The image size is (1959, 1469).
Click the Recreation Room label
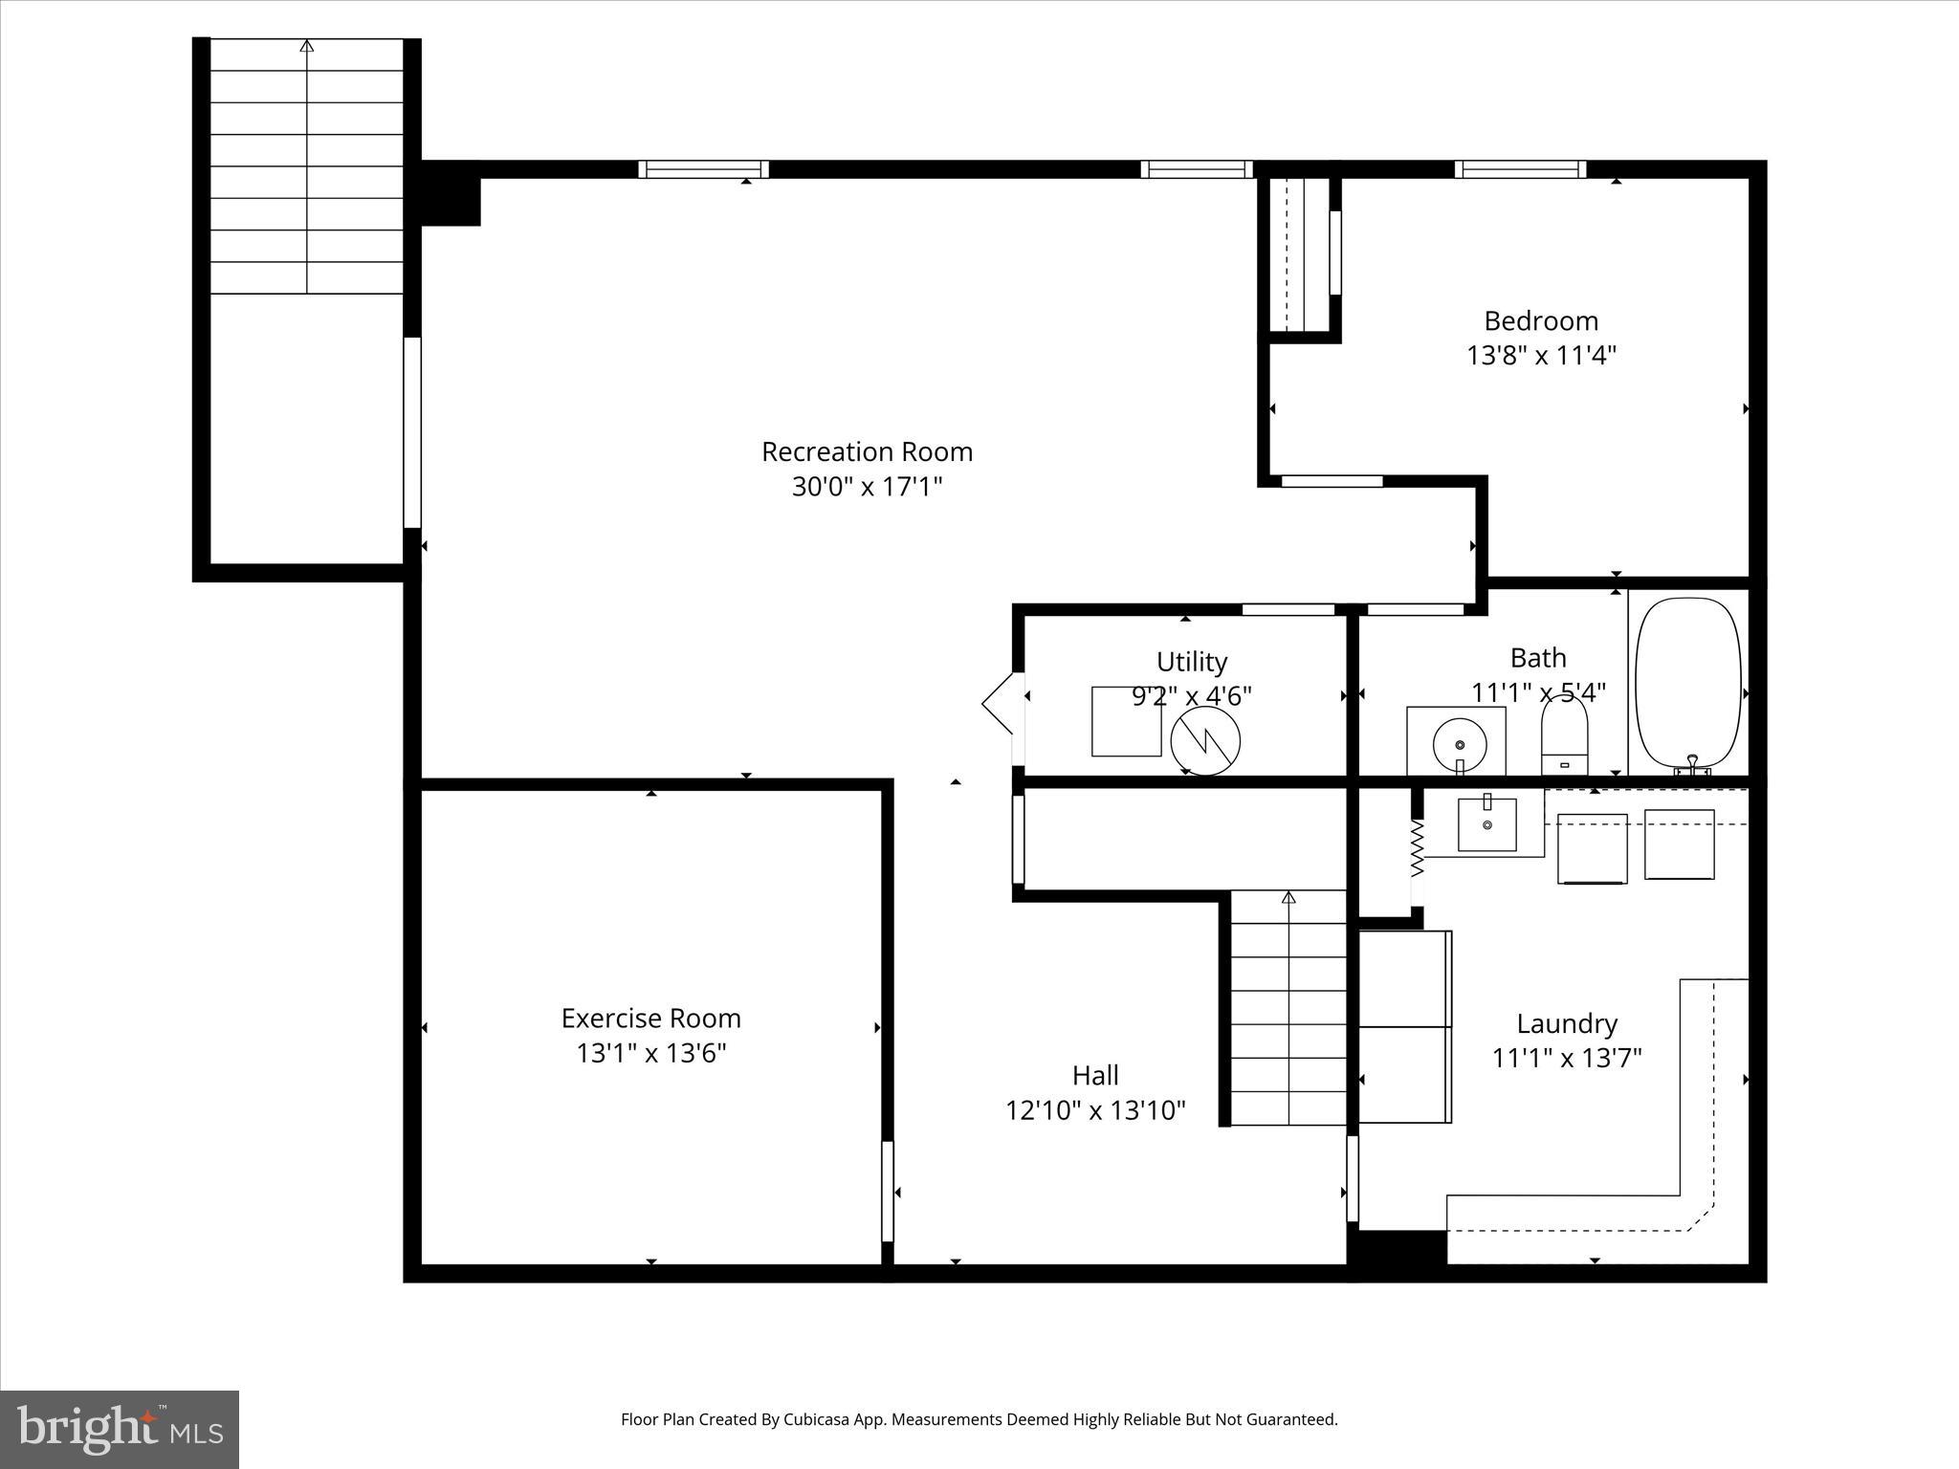[x=867, y=451]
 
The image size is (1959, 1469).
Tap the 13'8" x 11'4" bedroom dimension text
[x=1541, y=356]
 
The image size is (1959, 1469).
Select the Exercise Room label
[x=650, y=1018]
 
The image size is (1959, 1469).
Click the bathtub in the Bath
[x=1687, y=684]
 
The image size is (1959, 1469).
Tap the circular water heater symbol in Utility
[x=1205, y=741]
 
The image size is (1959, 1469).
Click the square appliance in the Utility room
[x=1126, y=721]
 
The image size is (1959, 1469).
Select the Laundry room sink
[x=1486, y=823]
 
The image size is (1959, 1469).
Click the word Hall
[x=1095, y=1075]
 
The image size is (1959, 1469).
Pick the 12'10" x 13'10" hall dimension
[x=1095, y=1110]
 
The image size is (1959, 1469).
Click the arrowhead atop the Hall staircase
[x=1288, y=897]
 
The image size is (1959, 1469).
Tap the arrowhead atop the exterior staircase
[x=306, y=45]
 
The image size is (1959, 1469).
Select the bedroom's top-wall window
[x=1520, y=169]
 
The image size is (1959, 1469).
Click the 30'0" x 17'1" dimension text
[x=867, y=487]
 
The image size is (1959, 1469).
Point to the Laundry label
[x=1567, y=1023]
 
